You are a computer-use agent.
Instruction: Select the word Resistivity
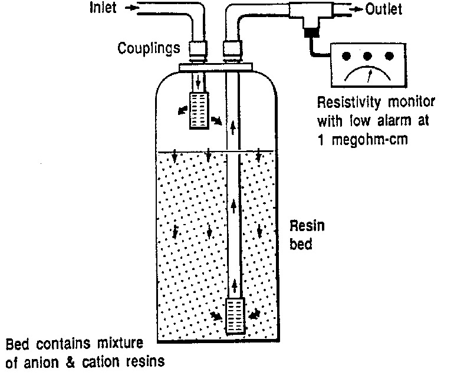(x=348, y=102)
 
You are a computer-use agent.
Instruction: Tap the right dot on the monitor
(x=389, y=57)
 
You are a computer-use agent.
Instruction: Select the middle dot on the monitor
(x=369, y=57)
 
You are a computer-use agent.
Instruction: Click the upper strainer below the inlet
(x=199, y=110)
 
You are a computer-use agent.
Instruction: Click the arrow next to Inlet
(x=133, y=8)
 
